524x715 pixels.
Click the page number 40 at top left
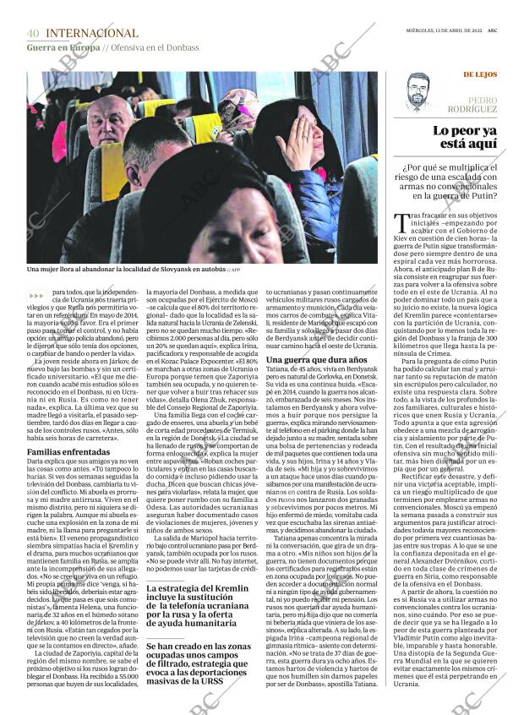(x=33, y=33)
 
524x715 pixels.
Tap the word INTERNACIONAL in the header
(x=92, y=33)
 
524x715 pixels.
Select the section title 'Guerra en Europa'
(x=63, y=47)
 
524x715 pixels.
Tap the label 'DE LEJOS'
(x=480, y=74)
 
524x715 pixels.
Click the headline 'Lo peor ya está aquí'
(x=464, y=137)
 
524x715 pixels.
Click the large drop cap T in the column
(x=401, y=223)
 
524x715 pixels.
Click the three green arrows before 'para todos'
(x=37, y=294)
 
